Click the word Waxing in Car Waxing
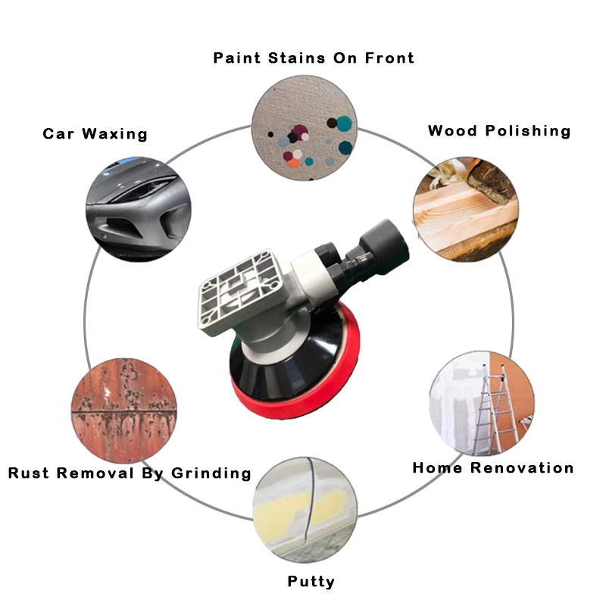coord(115,134)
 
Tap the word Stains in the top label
coord(296,58)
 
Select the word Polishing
coord(528,131)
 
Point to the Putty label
coord(311,582)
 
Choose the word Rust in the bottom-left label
coord(29,473)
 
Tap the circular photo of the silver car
coord(138,209)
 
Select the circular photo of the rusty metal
coord(124,411)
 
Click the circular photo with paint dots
coord(305,128)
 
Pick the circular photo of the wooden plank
coord(466,209)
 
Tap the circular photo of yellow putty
coord(305,510)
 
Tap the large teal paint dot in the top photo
coord(344,123)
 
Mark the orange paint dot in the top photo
coord(294,163)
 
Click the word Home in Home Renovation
coord(437,468)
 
